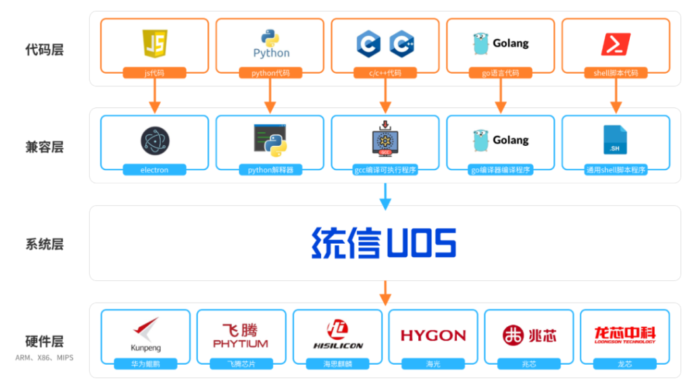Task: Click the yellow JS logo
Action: tap(155, 44)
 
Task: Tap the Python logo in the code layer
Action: tap(271, 44)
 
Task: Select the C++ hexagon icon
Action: tap(401, 44)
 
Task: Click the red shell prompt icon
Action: tap(616, 44)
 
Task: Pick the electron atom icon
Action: tap(155, 141)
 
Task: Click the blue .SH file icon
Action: tap(615, 140)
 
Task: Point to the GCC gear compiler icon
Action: tap(385, 140)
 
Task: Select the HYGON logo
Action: tap(433, 336)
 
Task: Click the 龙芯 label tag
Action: tap(624, 364)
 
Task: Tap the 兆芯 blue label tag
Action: tap(529, 364)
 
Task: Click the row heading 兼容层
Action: tap(44, 147)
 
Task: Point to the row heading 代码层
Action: tap(44, 50)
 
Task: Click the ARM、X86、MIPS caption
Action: tap(44, 357)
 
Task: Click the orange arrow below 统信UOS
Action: tap(385, 292)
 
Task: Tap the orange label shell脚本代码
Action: tap(616, 73)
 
